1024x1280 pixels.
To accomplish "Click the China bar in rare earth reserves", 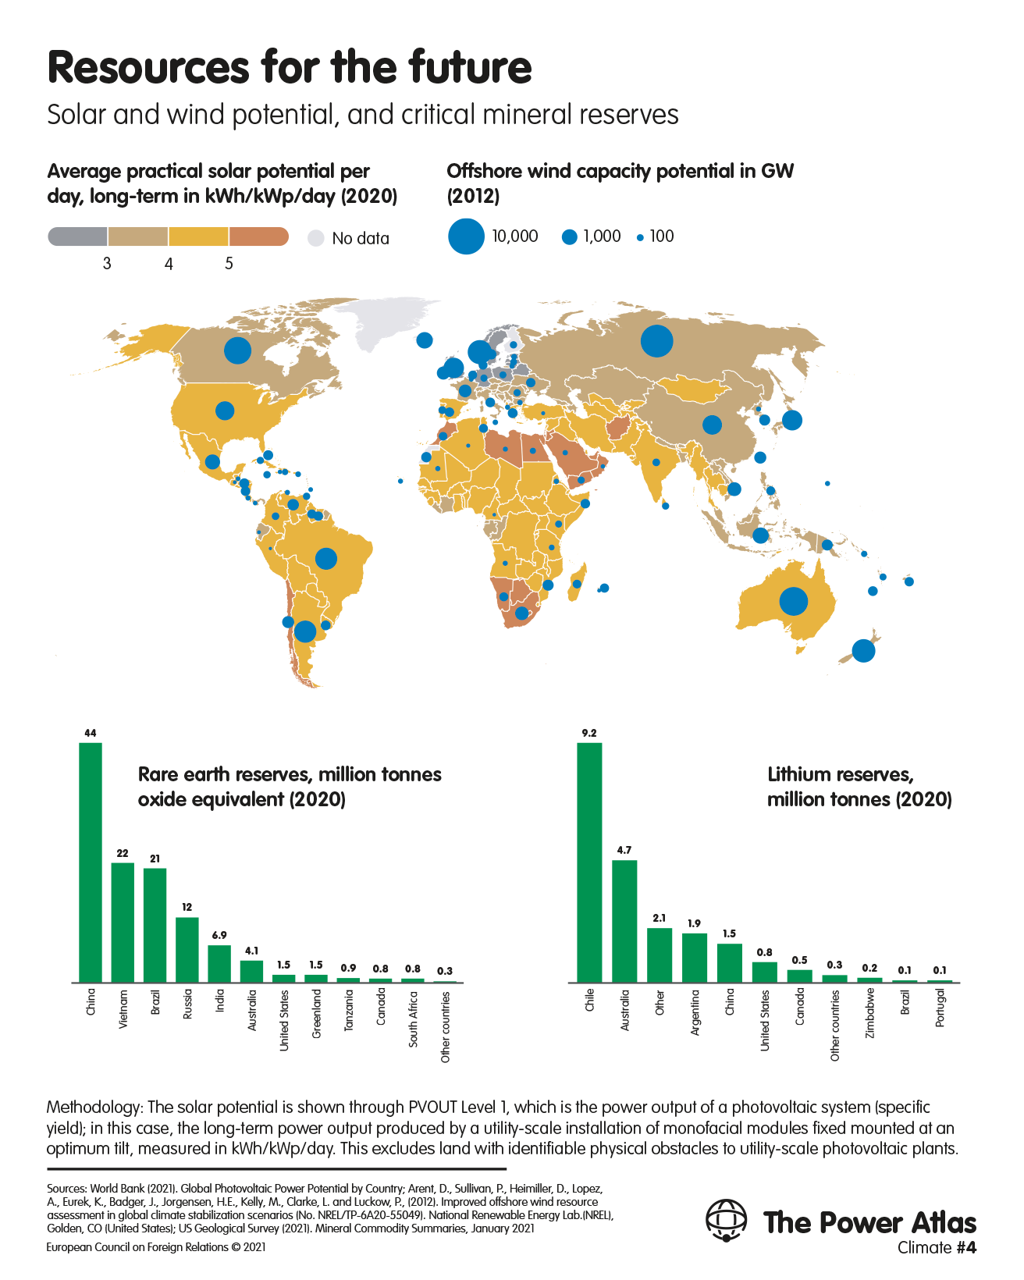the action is (91, 862).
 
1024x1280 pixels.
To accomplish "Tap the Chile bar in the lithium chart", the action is (589, 862).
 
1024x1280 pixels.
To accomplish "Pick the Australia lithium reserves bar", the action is (624, 921).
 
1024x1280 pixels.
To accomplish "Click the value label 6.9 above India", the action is (219, 935).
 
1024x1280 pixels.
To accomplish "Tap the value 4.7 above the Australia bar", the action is (624, 850).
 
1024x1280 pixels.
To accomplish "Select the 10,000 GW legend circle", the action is (466, 236).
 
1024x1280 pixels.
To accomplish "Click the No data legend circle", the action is (316, 238).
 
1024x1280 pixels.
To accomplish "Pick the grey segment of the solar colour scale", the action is (77, 236).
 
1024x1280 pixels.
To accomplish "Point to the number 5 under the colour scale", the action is (229, 264).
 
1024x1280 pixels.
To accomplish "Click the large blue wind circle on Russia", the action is (657, 341).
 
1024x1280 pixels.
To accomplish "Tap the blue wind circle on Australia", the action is (793, 601).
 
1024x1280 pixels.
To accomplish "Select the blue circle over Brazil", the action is (326, 559).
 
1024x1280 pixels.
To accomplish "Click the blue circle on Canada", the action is (237, 350).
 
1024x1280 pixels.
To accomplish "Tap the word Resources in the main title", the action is (148, 67).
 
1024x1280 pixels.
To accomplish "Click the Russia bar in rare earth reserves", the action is (187, 950).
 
